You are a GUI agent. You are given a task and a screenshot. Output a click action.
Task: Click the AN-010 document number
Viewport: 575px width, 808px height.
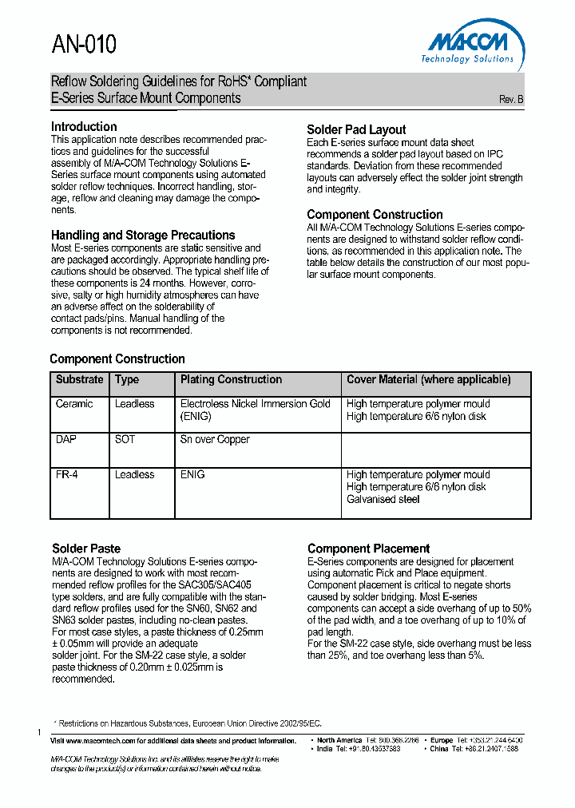84,45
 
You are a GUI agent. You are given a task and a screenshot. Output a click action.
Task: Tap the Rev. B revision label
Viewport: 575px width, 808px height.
511,100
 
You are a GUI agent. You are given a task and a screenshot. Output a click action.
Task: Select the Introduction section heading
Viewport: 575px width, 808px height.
84,127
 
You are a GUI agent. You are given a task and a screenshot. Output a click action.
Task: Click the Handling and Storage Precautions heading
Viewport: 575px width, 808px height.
143,236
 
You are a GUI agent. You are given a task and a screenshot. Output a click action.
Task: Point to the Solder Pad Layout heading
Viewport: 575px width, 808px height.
356,130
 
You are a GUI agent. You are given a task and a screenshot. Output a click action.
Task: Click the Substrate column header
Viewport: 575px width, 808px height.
79,380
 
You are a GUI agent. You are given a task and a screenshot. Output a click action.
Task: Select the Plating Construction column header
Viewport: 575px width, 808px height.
231,380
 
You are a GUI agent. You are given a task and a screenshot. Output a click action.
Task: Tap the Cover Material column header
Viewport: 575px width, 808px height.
428,380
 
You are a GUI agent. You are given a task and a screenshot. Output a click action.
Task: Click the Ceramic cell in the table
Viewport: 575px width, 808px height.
74,404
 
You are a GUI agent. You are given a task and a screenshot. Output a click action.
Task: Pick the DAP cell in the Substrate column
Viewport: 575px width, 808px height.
66,440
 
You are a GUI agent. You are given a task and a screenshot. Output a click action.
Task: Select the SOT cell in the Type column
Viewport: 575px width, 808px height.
125,440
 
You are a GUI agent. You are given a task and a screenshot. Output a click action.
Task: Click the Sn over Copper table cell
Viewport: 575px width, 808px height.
215,440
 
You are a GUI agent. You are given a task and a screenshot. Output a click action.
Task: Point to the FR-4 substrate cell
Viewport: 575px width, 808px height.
67,475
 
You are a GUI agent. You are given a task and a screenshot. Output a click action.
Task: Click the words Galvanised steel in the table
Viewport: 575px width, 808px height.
383,500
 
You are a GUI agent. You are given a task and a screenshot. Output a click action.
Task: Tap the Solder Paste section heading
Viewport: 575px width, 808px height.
86,549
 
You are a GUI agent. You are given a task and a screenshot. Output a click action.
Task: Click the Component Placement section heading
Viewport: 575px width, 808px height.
368,549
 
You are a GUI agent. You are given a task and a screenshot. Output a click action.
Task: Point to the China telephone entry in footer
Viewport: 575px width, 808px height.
474,749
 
